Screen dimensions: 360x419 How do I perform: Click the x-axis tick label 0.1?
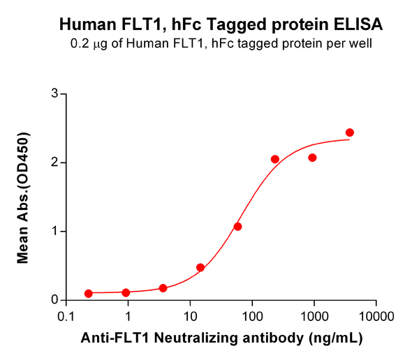click(x=66, y=315)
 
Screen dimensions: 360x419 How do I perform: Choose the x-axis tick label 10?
click(x=190, y=315)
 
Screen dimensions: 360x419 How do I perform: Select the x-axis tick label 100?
click(x=252, y=315)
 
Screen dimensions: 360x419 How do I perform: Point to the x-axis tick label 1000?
click(x=314, y=315)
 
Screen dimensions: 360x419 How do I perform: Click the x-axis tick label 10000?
click(x=376, y=315)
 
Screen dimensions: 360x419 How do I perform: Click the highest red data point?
click(x=350, y=133)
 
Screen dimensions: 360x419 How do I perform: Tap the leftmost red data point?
click(x=89, y=294)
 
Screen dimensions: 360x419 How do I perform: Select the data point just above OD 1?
click(x=237, y=227)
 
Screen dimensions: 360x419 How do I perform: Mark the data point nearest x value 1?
click(x=126, y=293)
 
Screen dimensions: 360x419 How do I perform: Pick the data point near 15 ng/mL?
click(x=200, y=267)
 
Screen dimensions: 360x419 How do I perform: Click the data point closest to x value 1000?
click(x=312, y=158)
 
